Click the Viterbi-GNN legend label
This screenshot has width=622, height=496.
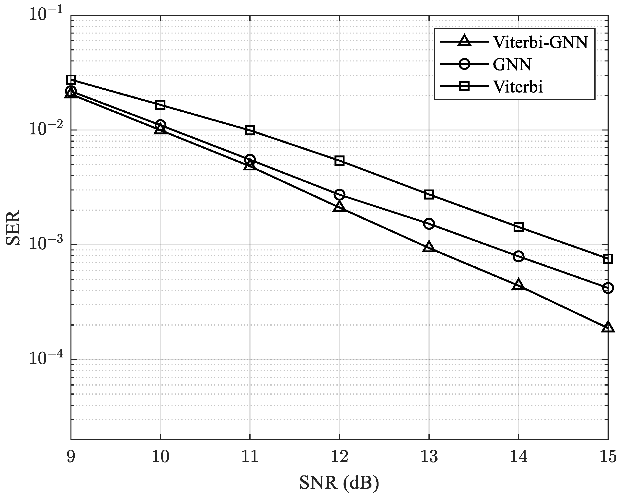pyautogui.click(x=540, y=42)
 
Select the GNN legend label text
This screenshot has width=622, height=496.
pyautogui.click(x=512, y=64)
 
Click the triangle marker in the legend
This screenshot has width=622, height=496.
pyautogui.click(x=464, y=41)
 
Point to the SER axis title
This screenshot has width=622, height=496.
pyautogui.click(x=13, y=228)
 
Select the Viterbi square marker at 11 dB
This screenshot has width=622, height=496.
pyautogui.click(x=250, y=130)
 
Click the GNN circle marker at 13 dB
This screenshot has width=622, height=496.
pyautogui.click(x=429, y=224)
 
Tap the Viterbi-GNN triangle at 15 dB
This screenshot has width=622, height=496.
pyautogui.click(x=608, y=327)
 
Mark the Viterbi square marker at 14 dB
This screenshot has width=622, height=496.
pyautogui.click(x=518, y=227)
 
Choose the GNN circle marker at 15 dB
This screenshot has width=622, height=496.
pyautogui.click(x=608, y=288)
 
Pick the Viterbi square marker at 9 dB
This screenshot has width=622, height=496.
pyautogui.click(x=71, y=80)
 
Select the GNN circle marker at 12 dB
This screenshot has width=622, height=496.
pyautogui.click(x=339, y=195)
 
